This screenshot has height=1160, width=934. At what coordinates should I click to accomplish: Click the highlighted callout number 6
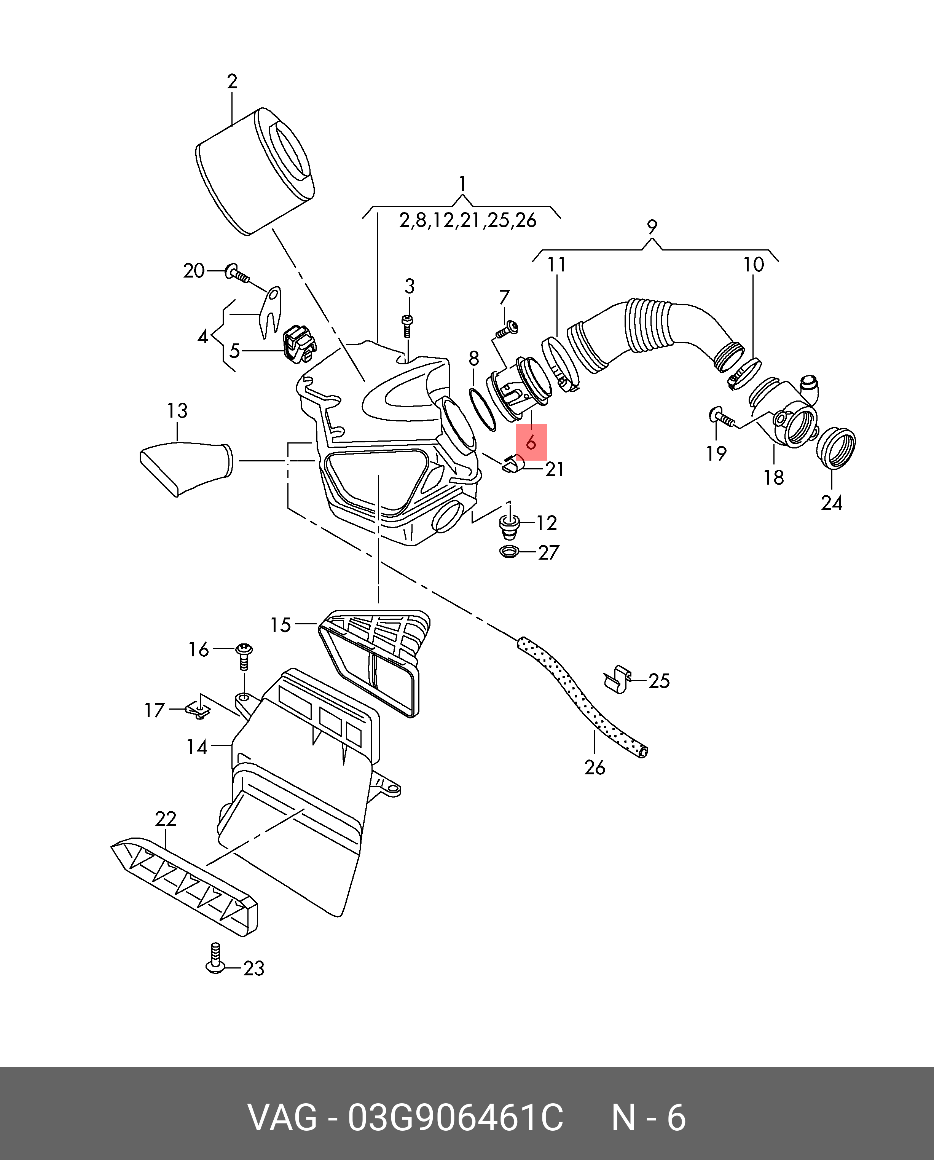[531, 442]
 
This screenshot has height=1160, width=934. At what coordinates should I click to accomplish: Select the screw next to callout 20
[237, 273]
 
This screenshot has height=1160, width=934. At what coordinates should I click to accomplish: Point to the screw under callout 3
[407, 326]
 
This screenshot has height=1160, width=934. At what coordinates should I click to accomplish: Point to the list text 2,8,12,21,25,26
[467, 220]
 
